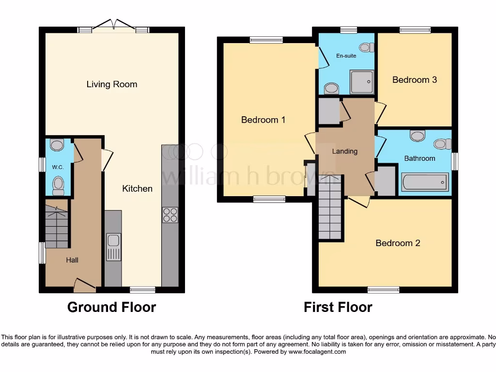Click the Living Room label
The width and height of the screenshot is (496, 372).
[x=112, y=84]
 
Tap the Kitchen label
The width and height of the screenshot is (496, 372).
[x=137, y=188]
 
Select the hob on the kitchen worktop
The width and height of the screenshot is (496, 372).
[x=170, y=215]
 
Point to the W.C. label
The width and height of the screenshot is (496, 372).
[x=58, y=167]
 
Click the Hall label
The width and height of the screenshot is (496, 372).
[x=72, y=260]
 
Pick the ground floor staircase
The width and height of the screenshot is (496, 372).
[x=57, y=227]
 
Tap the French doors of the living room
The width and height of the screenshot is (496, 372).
[x=114, y=26]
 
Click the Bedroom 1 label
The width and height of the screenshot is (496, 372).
[x=263, y=120]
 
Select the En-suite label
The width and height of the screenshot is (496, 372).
[x=346, y=56]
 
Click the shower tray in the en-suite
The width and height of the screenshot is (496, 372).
[x=361, y=82]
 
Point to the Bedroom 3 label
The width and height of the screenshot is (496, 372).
[x=415, y=80]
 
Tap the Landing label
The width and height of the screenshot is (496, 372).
[x=345, y=151]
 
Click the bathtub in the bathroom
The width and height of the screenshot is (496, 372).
[x=425, y=182]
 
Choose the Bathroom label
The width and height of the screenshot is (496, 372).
[x=420, y=158]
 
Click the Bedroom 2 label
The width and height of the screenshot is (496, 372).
[x=398, y=243]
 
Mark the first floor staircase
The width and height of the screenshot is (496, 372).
[x=330, y=207]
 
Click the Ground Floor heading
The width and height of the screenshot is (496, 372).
[x=112, y=307]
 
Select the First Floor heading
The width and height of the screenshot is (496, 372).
[x=338, y=307]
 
